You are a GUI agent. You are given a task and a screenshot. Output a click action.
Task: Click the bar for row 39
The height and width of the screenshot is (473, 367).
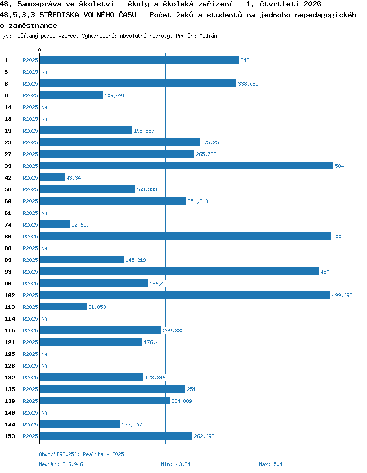pos(186,166)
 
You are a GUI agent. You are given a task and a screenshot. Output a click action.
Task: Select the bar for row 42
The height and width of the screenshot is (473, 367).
pos(52,177)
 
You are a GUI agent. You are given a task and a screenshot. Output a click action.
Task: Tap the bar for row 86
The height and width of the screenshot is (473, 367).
pos(185,236)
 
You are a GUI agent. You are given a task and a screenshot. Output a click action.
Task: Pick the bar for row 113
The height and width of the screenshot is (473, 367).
pos(63,307)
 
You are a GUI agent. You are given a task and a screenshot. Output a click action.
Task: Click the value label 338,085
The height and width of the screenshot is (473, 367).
pos(248,84)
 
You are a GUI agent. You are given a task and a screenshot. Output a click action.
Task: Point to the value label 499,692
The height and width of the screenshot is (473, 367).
pos(342,295)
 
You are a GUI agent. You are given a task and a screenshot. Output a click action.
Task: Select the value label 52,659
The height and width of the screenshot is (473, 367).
pos(80,225)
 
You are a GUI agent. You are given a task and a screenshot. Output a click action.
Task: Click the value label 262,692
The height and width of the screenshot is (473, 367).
pos(204,436)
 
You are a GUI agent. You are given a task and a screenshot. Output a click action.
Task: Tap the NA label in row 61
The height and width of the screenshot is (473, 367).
pos(45,213)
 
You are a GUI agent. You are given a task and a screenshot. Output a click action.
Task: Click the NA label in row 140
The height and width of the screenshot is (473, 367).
pos(45,413)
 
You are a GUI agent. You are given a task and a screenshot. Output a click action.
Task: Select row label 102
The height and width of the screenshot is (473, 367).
pos(10,295)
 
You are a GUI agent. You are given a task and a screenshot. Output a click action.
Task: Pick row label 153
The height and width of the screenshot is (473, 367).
pos(10,436)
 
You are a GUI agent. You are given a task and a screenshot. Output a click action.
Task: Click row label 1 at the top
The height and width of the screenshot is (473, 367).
pos(6,60)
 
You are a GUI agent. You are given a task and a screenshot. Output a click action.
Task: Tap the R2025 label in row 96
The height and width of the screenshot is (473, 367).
pos(30,284)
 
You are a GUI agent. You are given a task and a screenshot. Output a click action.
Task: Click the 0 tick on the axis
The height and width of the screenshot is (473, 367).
pos(39,50)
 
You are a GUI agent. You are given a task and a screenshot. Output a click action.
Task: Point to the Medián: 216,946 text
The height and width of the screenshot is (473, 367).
pos(61,464)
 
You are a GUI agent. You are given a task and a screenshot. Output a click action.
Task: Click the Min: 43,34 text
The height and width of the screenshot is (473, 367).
pos(176,464)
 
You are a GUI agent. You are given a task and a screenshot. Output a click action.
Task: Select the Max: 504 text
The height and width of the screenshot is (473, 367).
pos(271,464)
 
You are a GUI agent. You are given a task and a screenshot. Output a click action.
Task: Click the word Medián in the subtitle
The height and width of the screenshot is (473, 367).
pos(208,36)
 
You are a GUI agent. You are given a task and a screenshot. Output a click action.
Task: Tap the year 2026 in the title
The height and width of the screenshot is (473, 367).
pos(312,4)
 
